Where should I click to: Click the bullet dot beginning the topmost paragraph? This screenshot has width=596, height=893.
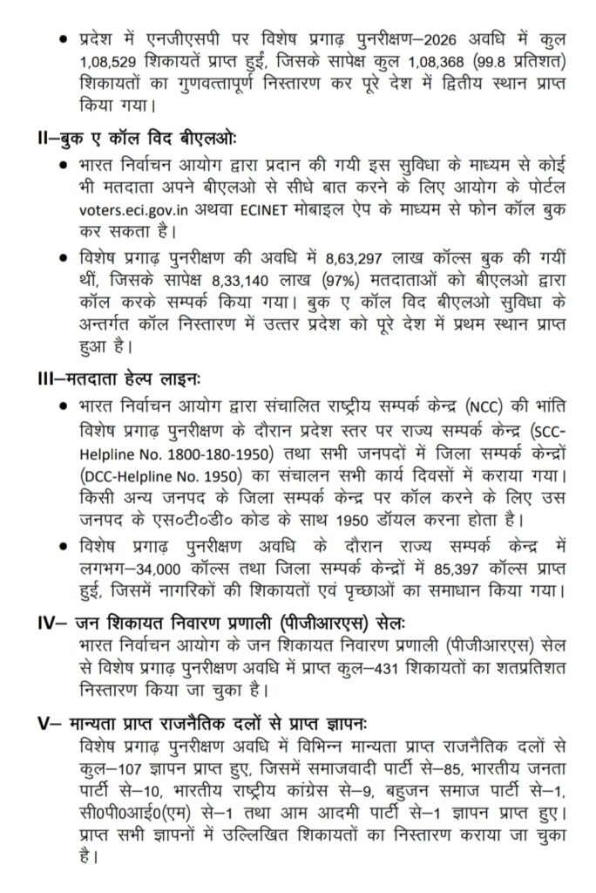click(61, 40)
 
